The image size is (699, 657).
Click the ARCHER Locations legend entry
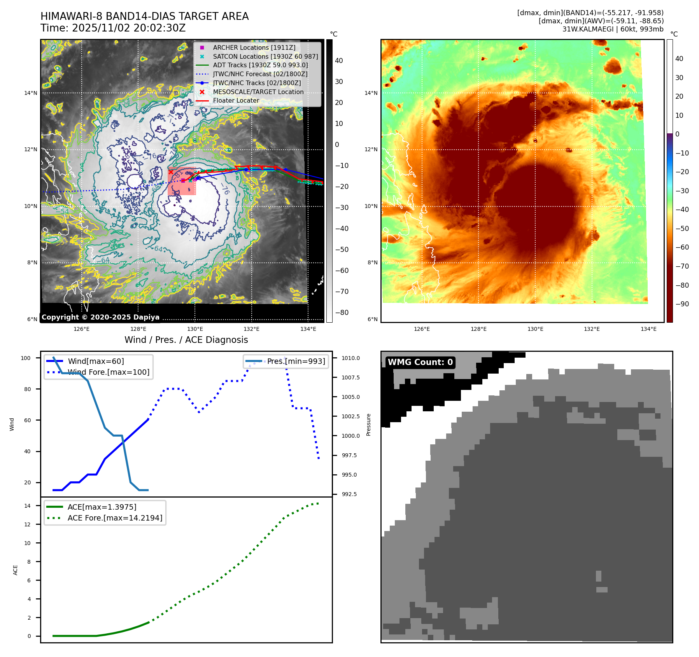pos(254,47)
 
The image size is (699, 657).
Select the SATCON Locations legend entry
pos(265,56)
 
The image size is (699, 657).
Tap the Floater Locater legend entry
pos(236,100)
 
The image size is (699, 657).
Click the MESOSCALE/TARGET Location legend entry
pos(258,92)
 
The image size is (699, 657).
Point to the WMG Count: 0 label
pos(420,362)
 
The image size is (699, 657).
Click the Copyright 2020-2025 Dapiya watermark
pos(100,317)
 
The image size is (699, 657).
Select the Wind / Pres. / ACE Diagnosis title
pos(186,340)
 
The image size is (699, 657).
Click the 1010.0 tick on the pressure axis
pos(350,358)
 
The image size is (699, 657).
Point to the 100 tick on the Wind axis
pos(26,358)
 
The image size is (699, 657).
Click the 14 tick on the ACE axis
pos(27,506)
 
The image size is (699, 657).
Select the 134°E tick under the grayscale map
pos(308,329)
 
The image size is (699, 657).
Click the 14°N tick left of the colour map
pos(371,93)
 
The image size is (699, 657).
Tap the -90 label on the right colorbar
pos(682,304)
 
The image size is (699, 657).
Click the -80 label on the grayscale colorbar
pos(342,313)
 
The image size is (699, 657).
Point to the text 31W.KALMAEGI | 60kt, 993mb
pos(613,29)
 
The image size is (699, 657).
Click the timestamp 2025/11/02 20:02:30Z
pos(129,28)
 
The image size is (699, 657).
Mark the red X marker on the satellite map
pos(171,172)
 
